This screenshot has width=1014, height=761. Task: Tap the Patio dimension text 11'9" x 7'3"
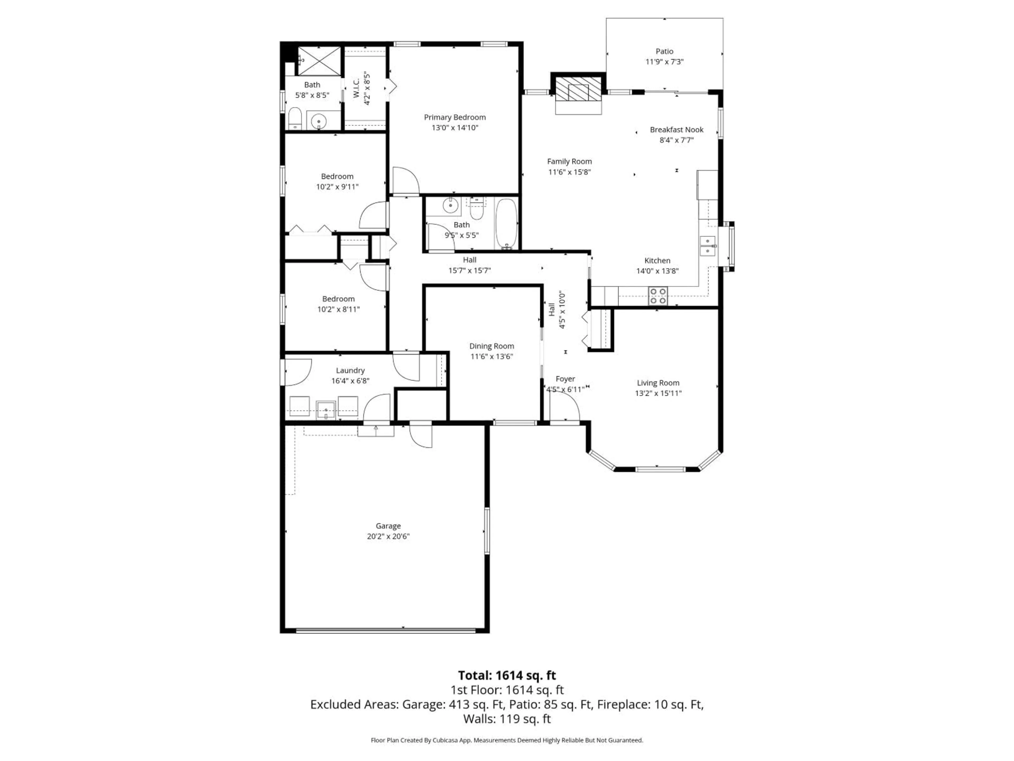[664, 62]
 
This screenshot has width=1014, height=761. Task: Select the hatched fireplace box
[578, 89]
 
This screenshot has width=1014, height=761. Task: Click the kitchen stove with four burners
[657, 296]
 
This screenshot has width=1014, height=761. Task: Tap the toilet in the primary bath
[294, 119]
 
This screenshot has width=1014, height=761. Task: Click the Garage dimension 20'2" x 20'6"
[388, 536]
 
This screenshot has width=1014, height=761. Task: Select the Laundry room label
[350, 370]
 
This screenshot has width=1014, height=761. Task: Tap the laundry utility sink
[326, 409]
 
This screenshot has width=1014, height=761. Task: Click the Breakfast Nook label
[676, 130]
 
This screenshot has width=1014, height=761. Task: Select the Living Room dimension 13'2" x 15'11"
[658, 393]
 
